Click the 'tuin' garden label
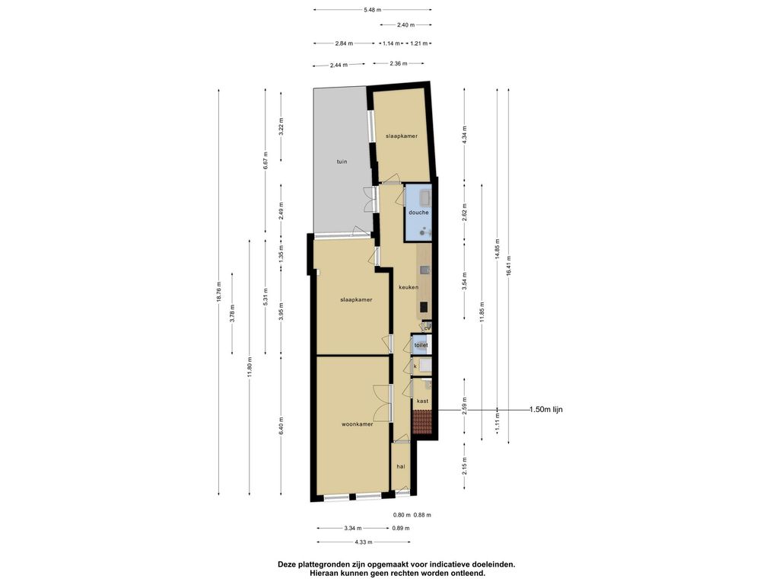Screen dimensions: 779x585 [342, 161]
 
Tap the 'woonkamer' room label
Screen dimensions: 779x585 [358, 424]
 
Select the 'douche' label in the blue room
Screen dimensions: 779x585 [418, 213]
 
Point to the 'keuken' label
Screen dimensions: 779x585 [409, 287]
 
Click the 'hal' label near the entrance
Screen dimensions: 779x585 [400, 467]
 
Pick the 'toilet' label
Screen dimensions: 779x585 [421, 345]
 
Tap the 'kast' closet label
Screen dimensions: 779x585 [422, 401]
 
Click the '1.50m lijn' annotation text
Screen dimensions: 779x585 [546, 410]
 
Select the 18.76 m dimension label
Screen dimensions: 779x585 [218, 292]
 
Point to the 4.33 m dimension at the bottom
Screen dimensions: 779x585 [363, 542]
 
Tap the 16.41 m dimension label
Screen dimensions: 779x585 [508, 266]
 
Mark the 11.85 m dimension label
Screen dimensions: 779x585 [482, 312]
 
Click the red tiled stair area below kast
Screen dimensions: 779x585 [421, 422]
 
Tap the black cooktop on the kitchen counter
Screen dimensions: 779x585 [424, 307]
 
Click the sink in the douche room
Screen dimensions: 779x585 [424, 198]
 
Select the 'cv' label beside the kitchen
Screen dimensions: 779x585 [427, 328]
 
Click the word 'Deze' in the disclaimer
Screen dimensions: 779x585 [287, 564]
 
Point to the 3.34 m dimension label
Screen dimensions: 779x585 [353, 529]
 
